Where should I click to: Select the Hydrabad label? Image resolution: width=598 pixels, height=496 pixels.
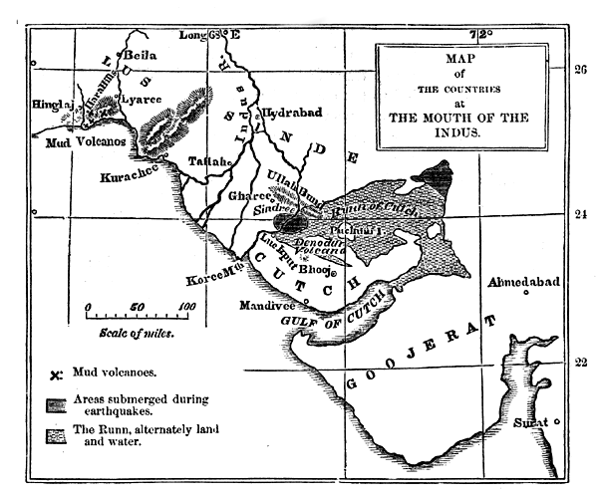click(x=292, y=114)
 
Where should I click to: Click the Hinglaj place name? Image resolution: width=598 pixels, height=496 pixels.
click(x=56, y=104)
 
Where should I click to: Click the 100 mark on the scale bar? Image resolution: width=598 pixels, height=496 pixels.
click(x=185, y=307)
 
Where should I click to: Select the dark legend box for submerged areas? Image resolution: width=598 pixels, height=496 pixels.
click(x=57, y=403)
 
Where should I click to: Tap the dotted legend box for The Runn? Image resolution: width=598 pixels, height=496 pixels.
click(x=57, y=434)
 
